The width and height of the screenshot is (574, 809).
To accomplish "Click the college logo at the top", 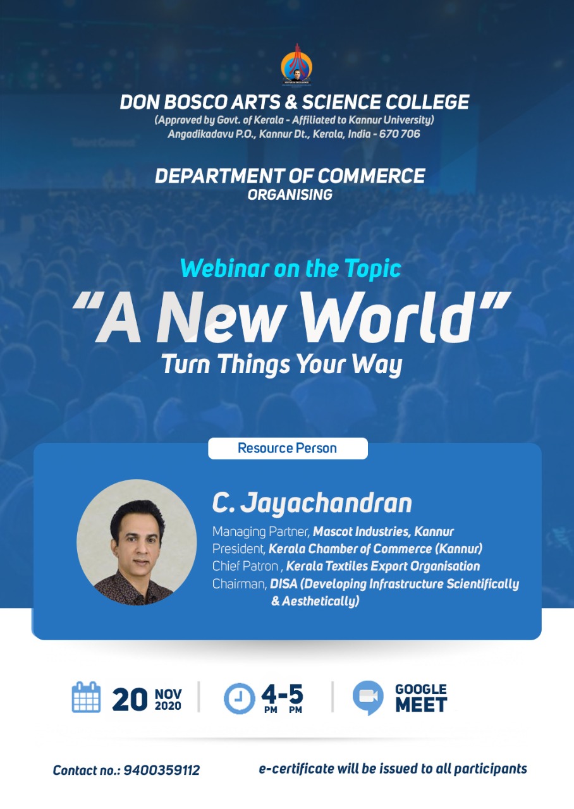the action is tap(296, 65).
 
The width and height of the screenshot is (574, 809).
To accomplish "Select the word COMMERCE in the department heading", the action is tap(371, 176).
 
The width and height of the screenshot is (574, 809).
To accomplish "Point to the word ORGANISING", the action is tap(290, 195).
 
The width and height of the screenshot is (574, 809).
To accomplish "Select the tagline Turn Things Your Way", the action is tap(282, 364).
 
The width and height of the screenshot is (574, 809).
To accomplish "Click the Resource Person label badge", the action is tap(288, 448).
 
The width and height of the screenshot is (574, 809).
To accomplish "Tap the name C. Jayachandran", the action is tap(312, 502).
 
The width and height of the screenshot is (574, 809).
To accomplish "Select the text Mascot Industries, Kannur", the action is tap(383, 532).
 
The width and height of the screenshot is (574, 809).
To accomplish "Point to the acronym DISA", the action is tap(283, 584).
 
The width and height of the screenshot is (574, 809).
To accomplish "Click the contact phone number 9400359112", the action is tap(161, 770).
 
